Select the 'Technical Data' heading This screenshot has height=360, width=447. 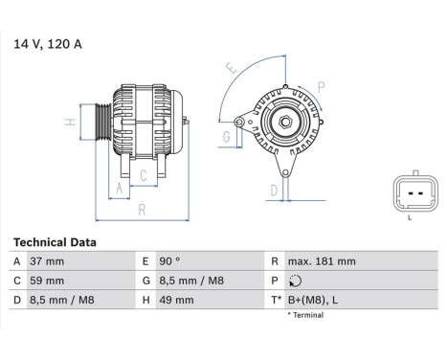point(55,243)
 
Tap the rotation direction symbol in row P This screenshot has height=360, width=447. point(293,281)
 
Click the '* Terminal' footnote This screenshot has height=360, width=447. point(305,314)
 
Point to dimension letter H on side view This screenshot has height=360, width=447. point(70,123)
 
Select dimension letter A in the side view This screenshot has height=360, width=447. point(120,189)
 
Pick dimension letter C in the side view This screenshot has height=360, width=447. point(143,174)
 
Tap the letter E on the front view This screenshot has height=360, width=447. point(230,69)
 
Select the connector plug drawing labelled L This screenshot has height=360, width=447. point(410,194)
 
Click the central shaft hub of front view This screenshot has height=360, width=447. point(283,123)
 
